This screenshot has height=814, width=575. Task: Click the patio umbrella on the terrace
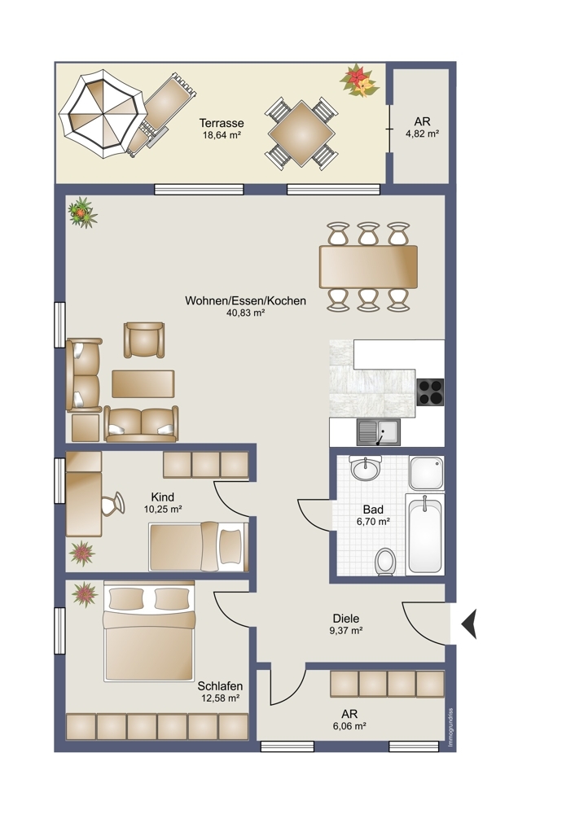point(101,114)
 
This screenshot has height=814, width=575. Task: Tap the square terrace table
point(301,133)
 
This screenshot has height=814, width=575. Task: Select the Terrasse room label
point(222,124)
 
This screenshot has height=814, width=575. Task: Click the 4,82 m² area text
point(422,133)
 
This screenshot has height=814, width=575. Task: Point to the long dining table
point(369,267)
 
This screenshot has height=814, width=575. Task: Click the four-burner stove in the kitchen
point(431,392)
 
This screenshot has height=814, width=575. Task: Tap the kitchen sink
point(379,432)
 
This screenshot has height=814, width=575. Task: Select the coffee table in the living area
point(143,383)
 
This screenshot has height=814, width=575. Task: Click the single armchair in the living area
point(144,340)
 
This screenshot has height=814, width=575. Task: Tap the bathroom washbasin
point(366,469)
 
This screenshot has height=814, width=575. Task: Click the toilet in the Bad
point(385,562)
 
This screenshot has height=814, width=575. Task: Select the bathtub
point(425,534)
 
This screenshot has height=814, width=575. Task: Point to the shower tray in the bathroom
point(426,473)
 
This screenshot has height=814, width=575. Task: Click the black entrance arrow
point(469,624)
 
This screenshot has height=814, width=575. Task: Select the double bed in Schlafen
point(149,632)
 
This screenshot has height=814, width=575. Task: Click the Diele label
point(346,619)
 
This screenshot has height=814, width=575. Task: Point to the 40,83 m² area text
point(246,313)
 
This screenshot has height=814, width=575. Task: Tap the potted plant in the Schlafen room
point(85,594)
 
